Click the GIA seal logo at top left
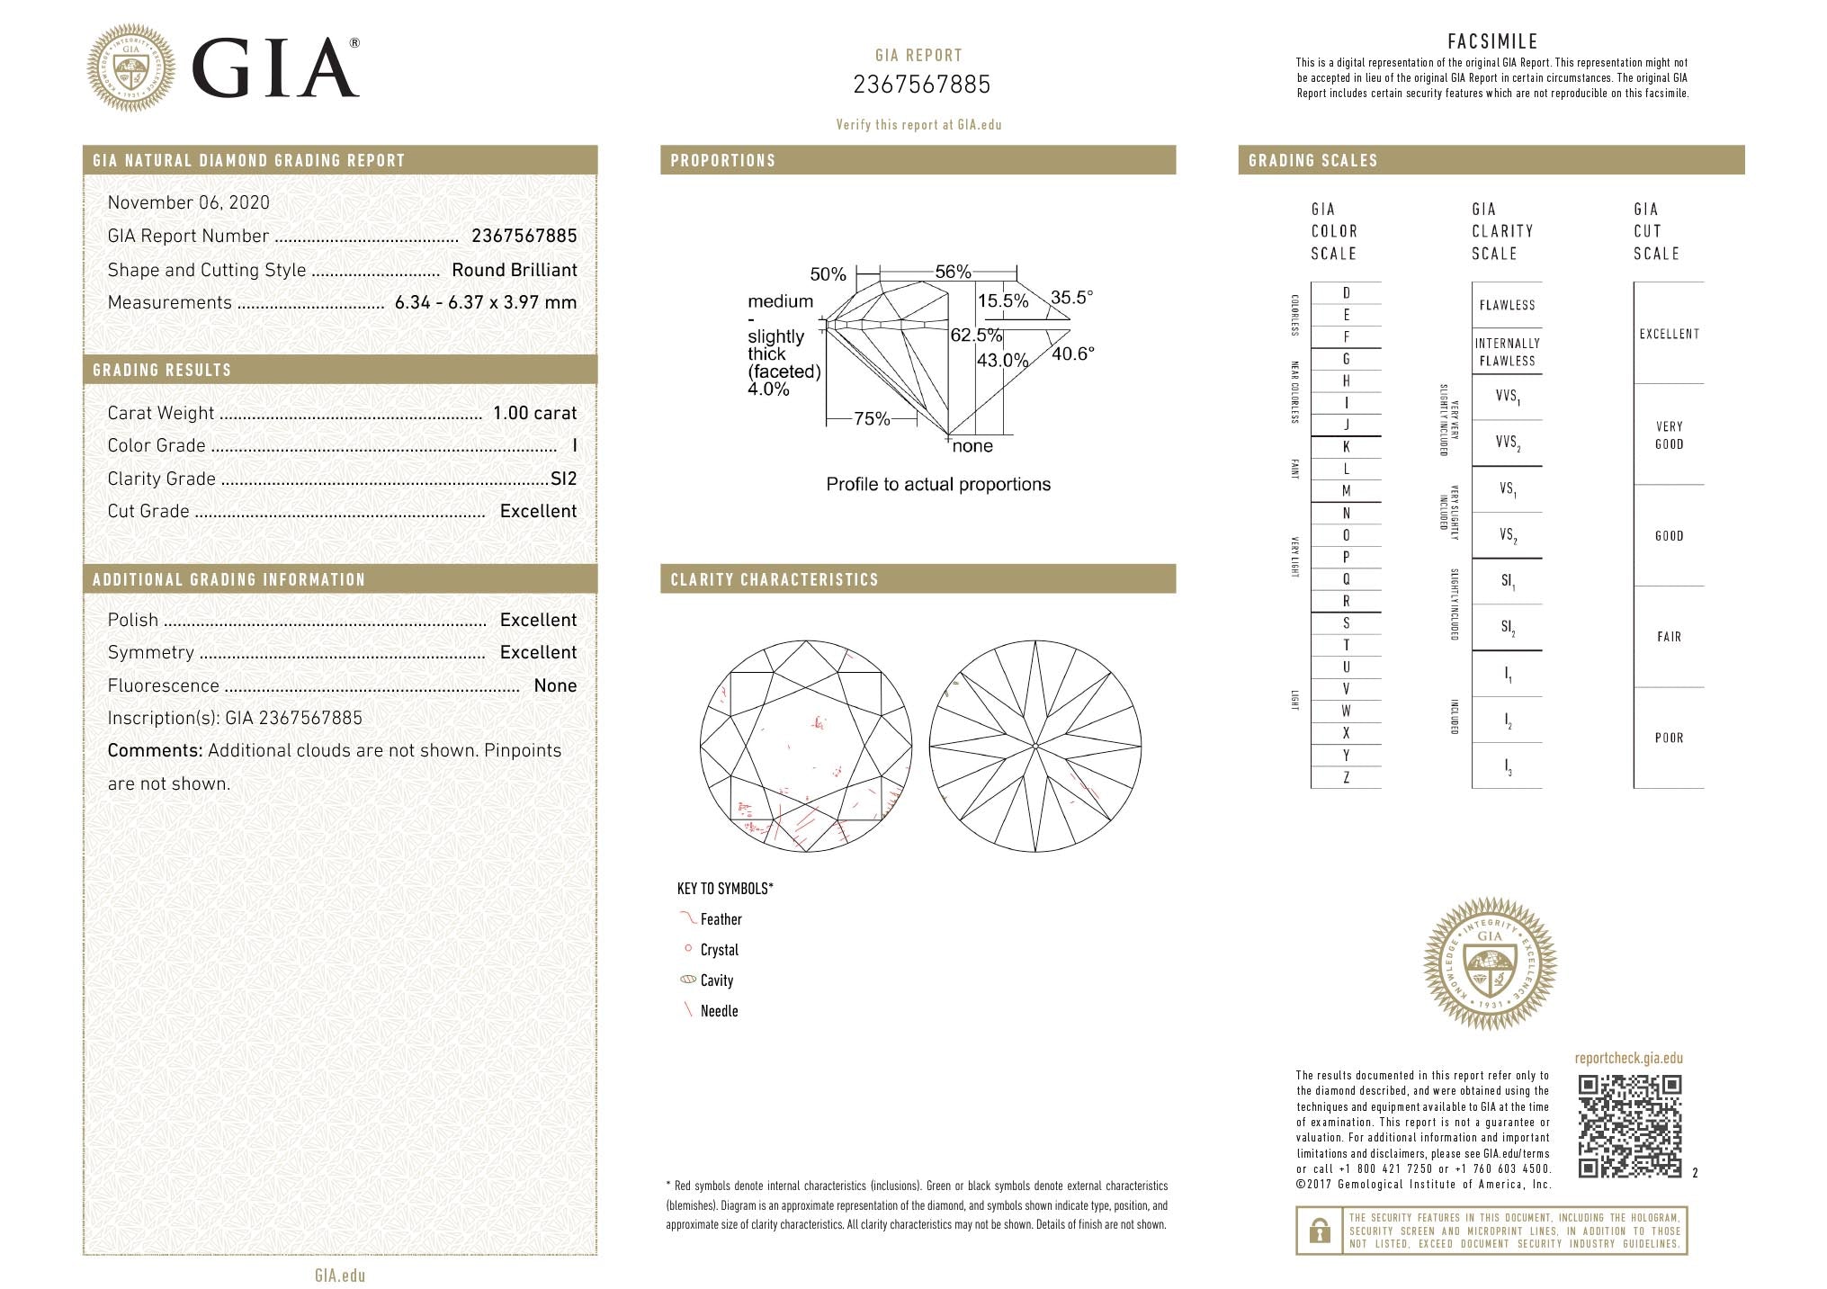point(130,67)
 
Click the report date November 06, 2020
point(188,202)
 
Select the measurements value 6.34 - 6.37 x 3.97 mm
point(486,303)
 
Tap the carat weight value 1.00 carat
point(534,413)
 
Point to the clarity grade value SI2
point(563,479)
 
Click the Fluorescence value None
point(555,685)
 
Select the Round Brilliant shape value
point(515,270)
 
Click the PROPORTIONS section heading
point(722,161)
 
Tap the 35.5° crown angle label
point(1071,297)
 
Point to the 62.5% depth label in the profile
point(976,335)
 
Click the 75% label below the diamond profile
point(871,418)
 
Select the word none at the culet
point(972,446)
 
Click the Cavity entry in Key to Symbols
point(716,980)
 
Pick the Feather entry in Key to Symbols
point(721,919)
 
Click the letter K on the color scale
point(1346,447)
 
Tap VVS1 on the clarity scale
point(1507,397)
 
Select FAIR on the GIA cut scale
point(1669,637)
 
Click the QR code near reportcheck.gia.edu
point(1629,1125)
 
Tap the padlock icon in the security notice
point(1320,1230)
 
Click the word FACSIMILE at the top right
point(1492,41)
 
